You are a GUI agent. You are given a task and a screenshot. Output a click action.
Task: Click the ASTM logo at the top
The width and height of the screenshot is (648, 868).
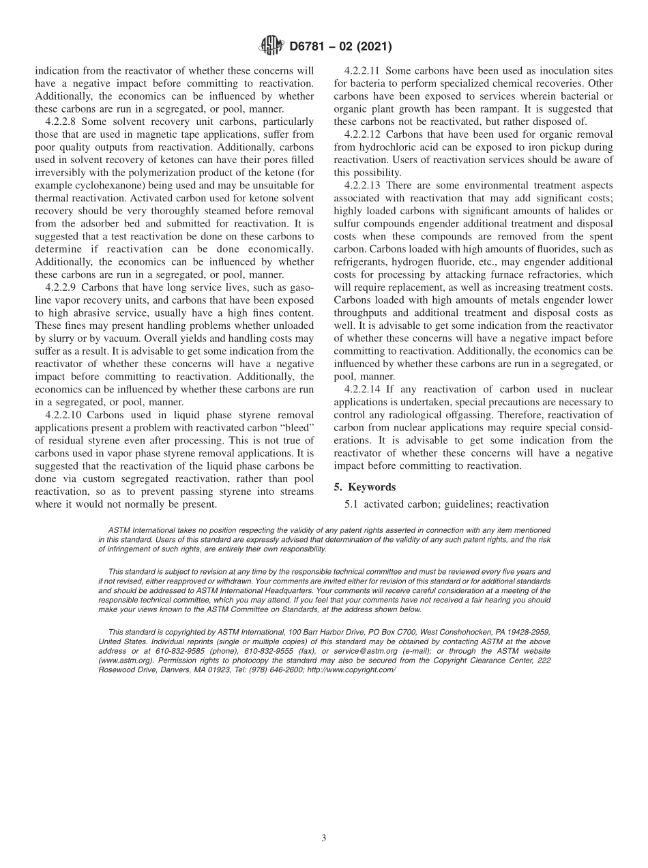pyautogui.click(x=271, y=47)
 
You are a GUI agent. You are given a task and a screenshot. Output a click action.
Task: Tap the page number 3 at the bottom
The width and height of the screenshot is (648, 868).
pyautogui.click(x=324, y=838)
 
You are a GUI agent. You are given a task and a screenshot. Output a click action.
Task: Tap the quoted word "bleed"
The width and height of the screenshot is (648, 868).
pyautogui.click(x=293, y=427)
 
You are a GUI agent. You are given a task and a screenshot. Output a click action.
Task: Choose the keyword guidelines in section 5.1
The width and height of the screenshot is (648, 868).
pyautogui.click(x=465, y=504)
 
